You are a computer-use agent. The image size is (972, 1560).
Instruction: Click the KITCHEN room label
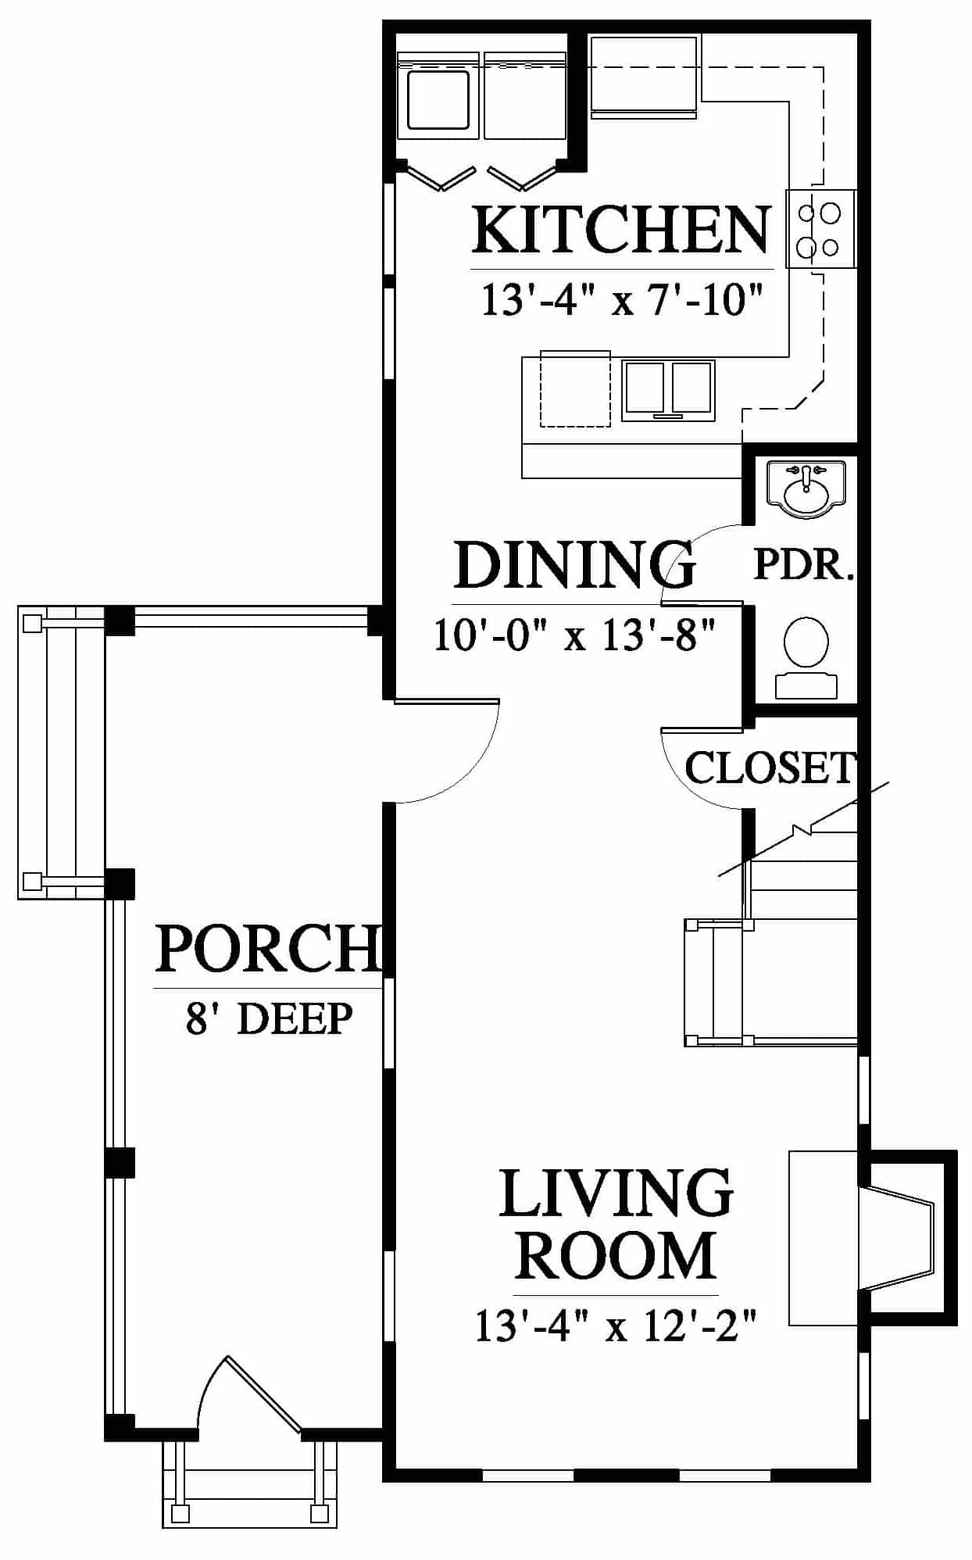(622, 230)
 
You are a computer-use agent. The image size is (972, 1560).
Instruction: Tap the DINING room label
(574, 564)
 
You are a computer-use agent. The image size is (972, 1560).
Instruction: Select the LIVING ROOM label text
(616, 1224)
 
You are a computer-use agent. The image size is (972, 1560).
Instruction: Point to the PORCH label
(268, 948)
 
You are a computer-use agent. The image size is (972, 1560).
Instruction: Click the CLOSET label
(770, 767)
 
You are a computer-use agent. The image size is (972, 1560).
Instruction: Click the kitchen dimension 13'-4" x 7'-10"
(621, 299)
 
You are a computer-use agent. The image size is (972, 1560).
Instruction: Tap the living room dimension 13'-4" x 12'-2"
(616, 1326)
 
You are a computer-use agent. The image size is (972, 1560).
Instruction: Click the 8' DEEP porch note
(269, 1018)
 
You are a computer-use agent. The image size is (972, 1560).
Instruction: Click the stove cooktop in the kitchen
(820, 229)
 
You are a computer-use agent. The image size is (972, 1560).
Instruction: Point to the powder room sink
(806, 490)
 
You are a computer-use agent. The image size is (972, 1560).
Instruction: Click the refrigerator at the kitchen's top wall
(644, 77)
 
